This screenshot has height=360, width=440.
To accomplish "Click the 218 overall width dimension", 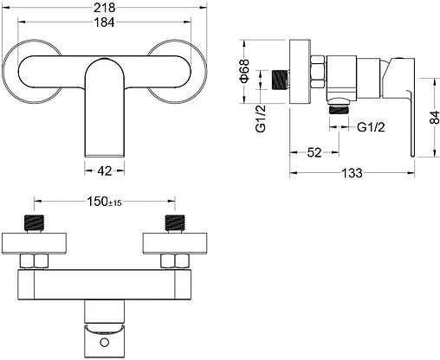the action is [x=104, y=8].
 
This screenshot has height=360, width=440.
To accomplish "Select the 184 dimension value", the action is [x=104, y=22].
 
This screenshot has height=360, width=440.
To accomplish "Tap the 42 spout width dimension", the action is [x=104, y=171].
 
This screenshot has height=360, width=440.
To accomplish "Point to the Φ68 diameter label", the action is [x=244, y=71].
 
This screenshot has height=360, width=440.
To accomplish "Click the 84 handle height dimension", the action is [x=434, y=117].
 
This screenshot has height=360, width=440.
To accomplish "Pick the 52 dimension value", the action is [x=314, y=152].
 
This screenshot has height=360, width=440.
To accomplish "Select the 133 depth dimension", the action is [x=352, y=173].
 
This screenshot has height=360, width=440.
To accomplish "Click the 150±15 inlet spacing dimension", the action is [x=104, y=202].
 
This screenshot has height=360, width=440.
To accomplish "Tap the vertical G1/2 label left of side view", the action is [x=261, y=119].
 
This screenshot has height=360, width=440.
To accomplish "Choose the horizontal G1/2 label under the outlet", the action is [x=371, y=127].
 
